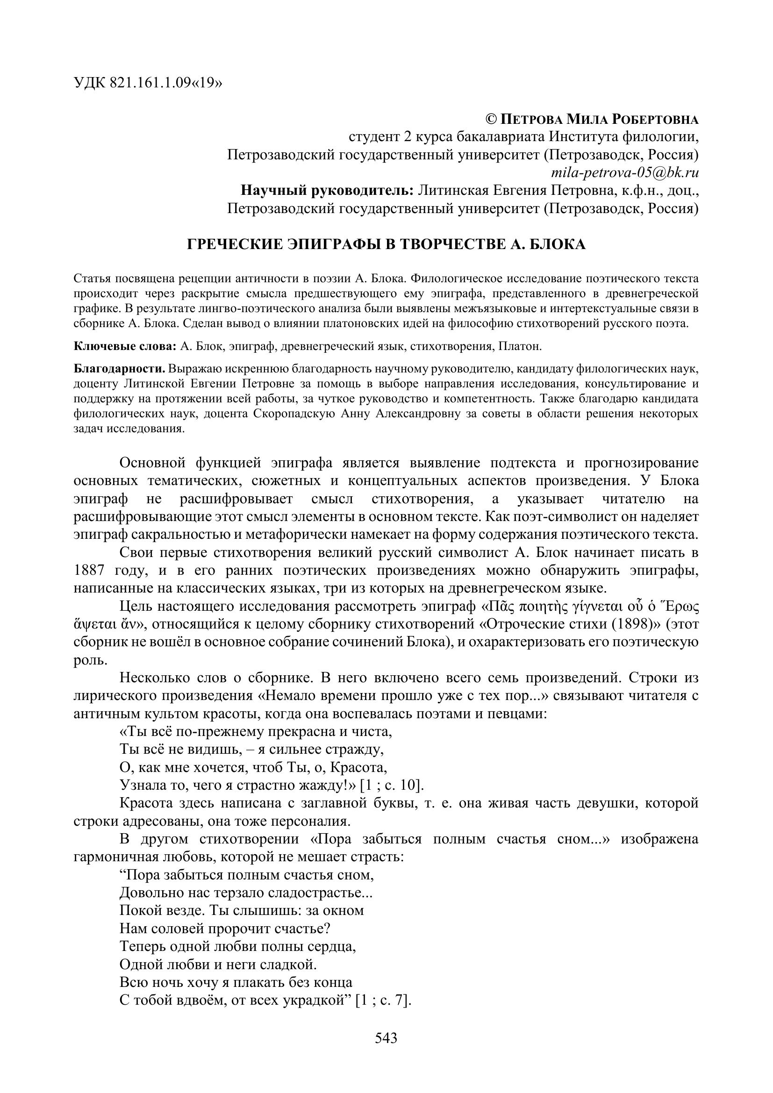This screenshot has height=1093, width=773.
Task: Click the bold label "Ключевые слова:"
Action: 125,347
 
